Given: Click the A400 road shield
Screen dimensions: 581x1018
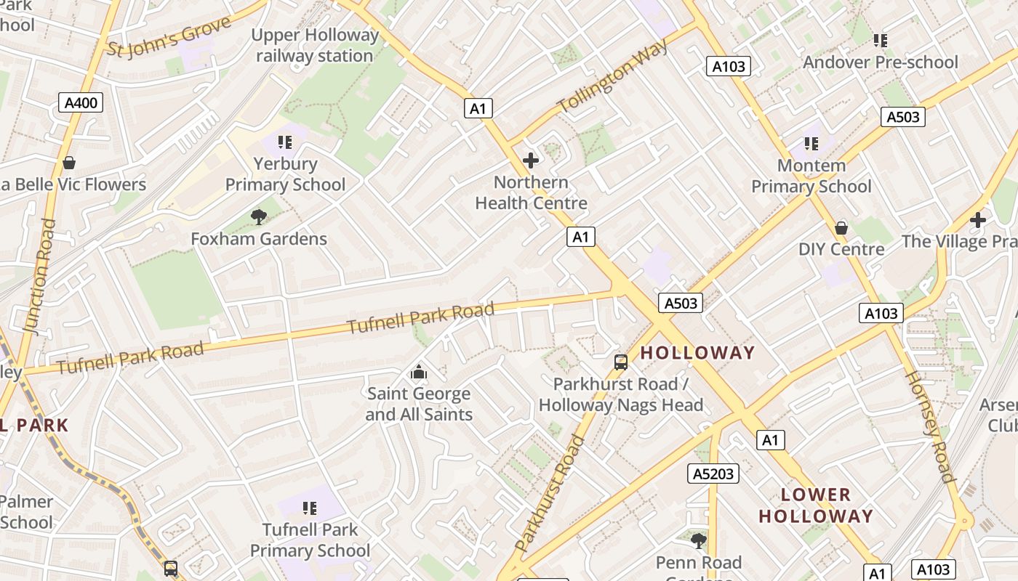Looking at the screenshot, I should click(81, 102).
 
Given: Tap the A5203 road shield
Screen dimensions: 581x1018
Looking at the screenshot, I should click(713, 474).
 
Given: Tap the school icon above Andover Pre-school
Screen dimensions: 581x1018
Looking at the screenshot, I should click(881, 41).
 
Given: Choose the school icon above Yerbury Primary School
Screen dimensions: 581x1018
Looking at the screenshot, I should click(284, 142).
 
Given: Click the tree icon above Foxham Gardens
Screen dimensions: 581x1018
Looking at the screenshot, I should click(258, 216).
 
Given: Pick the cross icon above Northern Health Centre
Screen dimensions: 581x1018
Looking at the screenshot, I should click(531, 161).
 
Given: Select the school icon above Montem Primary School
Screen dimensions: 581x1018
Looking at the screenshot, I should click(811, 145).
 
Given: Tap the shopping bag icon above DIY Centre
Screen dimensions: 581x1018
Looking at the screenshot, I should click(841, 228).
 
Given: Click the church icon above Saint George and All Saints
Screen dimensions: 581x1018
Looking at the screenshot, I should click(419, 373).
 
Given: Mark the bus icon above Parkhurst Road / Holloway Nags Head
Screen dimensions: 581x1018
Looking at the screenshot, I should click(621, 362).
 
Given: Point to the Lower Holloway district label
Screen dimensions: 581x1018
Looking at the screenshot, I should click(815, 505).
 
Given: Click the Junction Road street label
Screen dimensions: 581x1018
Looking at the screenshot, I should click(40, 277).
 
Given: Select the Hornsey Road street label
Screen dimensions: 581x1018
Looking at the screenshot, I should click(928, 426).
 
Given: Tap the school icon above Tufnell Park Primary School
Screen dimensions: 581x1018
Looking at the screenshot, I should click(310, 508).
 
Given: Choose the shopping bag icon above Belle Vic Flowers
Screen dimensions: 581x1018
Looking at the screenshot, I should click(69, 163).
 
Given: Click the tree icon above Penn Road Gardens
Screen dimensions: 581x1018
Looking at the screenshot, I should click(698, 540).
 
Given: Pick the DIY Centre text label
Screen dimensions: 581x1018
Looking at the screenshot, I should click(841, 249).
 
